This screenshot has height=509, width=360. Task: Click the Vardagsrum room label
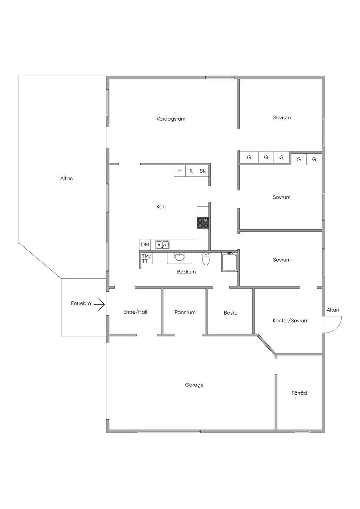click(x=171, y=119)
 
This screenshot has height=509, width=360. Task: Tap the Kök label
click(x=161, y=207)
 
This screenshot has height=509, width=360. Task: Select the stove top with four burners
click(x=203, y=223)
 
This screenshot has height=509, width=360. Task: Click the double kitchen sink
click(x=162, y=245)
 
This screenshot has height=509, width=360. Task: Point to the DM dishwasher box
click(x=145, y=245)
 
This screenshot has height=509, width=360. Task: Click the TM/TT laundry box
click(x=147, y=258)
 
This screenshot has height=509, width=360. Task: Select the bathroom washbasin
click(x=180, y=257)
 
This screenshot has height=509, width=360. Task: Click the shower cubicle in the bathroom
click(x=229, y=262)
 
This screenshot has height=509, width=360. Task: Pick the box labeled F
click(x=180, y=171)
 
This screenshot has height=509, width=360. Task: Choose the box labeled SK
click(x=203, y=171)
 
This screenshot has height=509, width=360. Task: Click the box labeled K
click(x=191, y=171)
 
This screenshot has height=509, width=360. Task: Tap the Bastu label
click(x=231, y=313)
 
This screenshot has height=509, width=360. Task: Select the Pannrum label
click(x=185, y=313)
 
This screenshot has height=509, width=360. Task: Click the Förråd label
click(x=299, y=393)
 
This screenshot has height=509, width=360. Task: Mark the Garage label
click(x=194, y=385)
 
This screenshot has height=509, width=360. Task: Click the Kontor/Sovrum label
click(x=290, y=321)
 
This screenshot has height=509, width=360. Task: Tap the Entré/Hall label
click(x=135, y=312)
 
